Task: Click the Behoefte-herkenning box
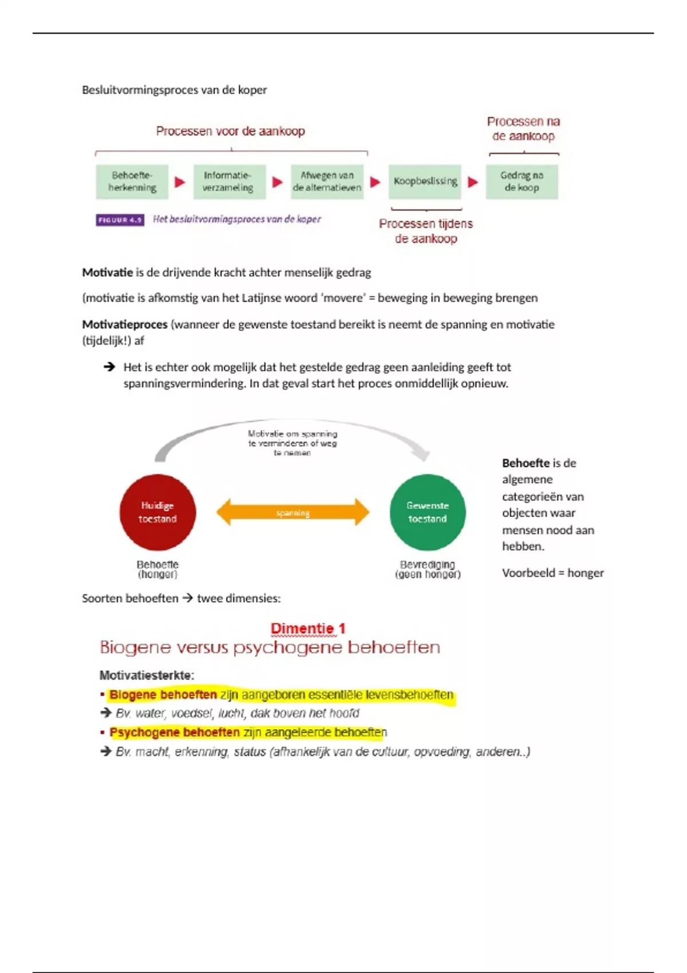click(132, 182)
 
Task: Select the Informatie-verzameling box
click(229, 182)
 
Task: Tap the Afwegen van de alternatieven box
click(327, 182)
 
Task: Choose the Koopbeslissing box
click(425, 182)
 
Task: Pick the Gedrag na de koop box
click(522, 182)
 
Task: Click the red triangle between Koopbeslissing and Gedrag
click(473, 182)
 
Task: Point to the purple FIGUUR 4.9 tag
click(120, 220)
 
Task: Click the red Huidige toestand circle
click(157, 512)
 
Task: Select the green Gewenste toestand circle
click(428, 512)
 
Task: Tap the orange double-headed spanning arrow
click(293, 512)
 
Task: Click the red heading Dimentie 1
click(308, 628)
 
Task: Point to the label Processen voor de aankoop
click(230, 131)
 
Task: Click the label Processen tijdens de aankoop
click(426, 231)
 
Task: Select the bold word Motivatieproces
click(125, 325)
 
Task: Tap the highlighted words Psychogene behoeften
click(175, 733)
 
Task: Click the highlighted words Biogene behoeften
click(163, 695)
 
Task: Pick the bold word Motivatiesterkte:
click(147, 675)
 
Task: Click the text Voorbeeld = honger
click(552, 573)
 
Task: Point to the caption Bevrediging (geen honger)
click(428, 569)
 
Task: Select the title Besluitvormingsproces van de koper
click(174, 90)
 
